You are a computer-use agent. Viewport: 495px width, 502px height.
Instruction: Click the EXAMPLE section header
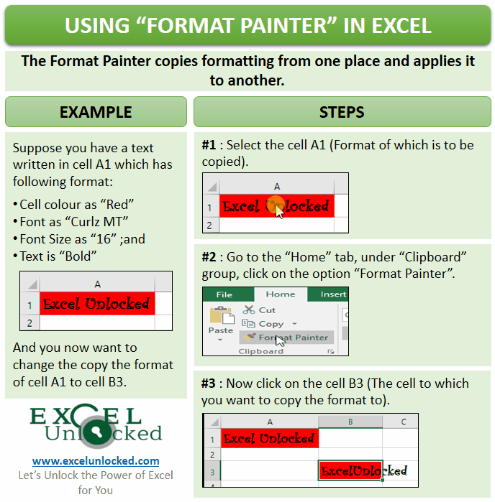coord(96,112)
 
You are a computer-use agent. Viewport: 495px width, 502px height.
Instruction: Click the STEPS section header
coord(342,112)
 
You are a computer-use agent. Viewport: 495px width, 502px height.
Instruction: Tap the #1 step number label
coord(209,146)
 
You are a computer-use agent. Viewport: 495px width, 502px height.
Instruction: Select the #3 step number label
coord(209,384)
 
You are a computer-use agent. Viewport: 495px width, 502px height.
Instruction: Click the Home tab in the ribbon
coord(280,294)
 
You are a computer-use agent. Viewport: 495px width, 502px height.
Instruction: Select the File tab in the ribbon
coord(224,294)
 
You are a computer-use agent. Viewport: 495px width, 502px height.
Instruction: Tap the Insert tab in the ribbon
coord(333,294)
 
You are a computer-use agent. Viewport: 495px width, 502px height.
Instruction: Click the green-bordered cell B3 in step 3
coord(350,471)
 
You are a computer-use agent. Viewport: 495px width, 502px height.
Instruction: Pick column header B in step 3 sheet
coord(350,422)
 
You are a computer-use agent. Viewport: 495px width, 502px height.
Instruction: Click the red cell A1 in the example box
coord(97,304)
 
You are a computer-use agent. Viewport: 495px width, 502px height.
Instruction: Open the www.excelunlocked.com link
coord(96,460)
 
